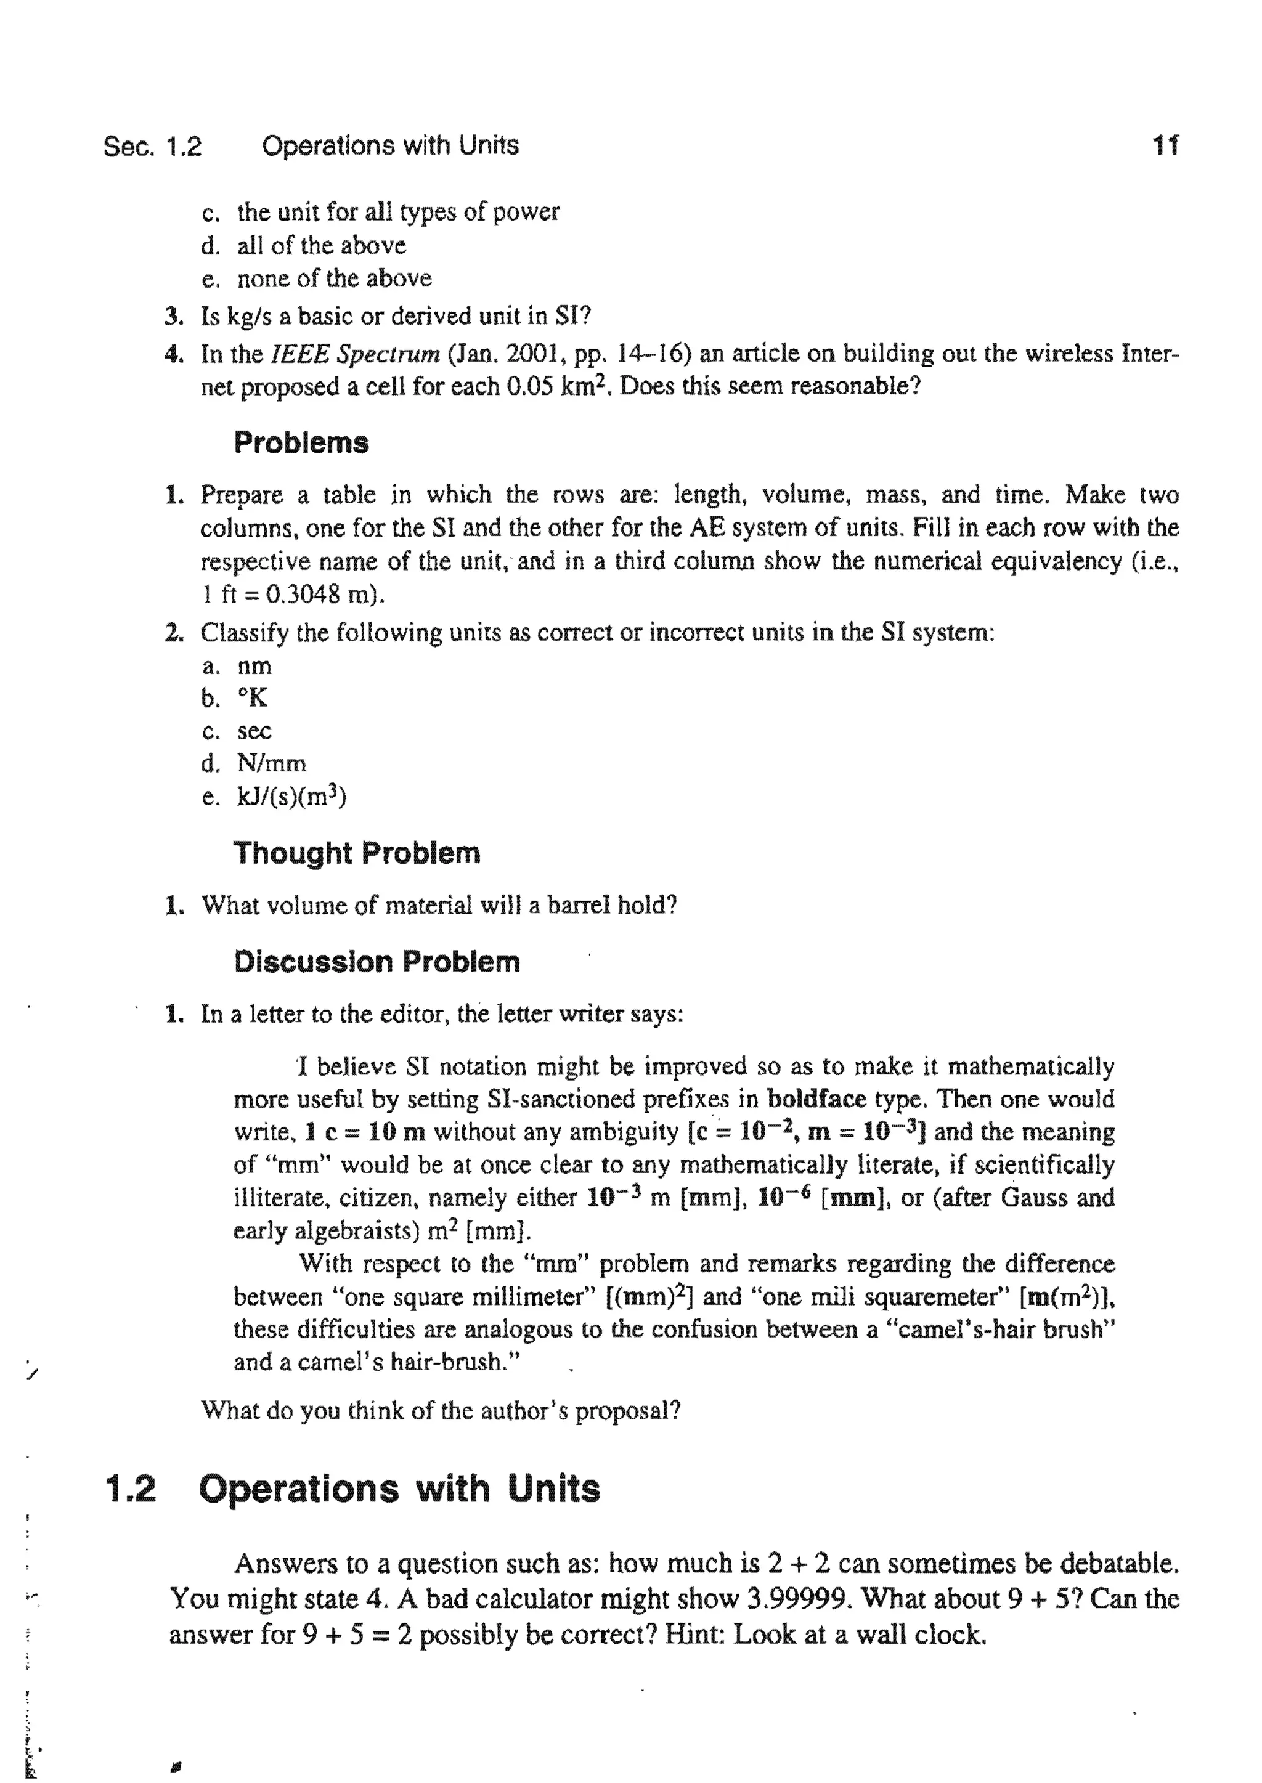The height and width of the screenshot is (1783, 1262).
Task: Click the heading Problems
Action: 301,443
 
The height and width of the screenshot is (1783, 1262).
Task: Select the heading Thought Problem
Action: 357,853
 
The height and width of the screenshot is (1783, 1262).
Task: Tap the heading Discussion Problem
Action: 377,962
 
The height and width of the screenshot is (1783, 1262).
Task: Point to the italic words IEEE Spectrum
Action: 354,354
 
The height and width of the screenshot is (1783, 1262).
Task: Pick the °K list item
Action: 253,699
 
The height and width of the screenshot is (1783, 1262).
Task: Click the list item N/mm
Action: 271,764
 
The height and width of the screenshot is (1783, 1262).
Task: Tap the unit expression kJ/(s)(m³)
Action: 291,797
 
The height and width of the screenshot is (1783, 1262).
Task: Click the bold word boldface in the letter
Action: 816,1099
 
